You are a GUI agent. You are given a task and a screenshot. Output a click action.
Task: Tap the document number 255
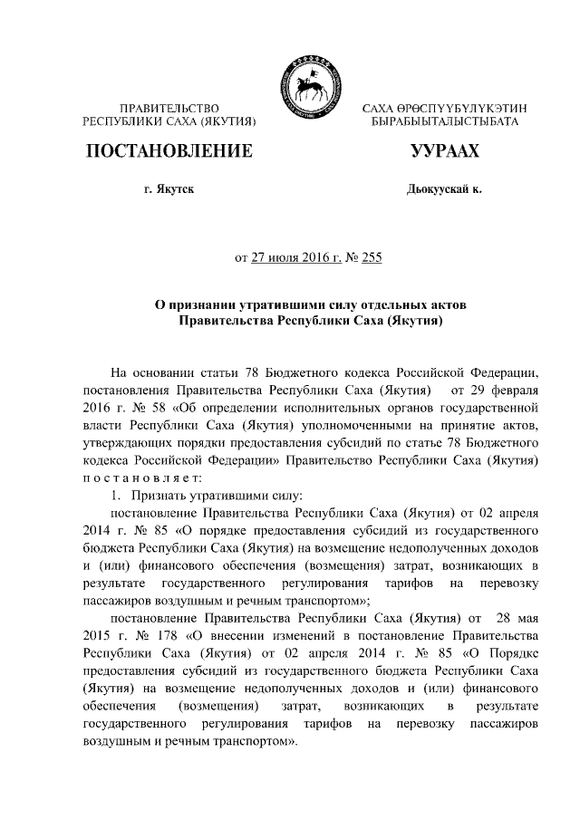[372, 257]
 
